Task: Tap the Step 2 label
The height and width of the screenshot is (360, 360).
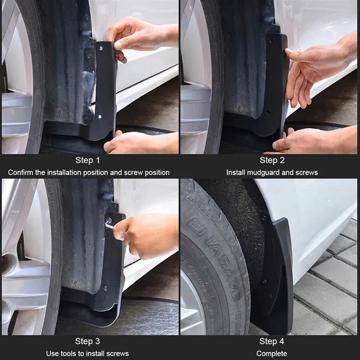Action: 272,161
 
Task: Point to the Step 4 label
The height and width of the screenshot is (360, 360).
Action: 272,341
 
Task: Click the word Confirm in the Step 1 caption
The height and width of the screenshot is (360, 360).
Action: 21,172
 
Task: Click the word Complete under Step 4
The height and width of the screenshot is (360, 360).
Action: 272,353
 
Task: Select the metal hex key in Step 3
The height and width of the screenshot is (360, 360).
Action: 110,225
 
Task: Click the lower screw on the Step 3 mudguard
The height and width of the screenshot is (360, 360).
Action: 104,288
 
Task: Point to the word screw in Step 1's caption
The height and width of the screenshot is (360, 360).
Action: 137,172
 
